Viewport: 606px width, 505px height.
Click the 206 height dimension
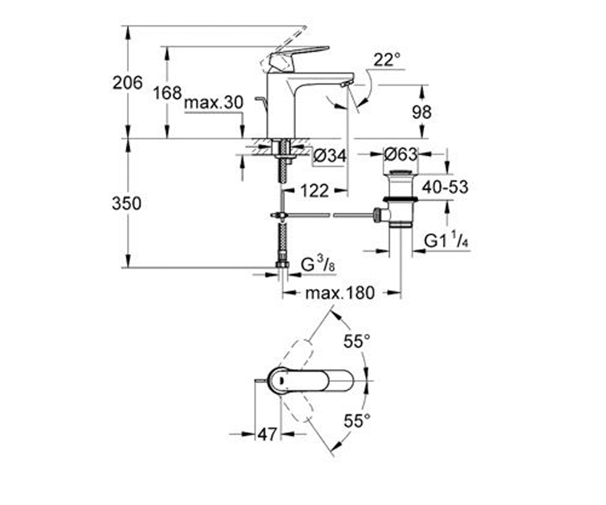127,83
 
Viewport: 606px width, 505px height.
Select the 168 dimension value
167,93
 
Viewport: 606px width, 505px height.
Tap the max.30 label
214,103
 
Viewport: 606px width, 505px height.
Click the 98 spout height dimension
422,112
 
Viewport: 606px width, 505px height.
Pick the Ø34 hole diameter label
330,156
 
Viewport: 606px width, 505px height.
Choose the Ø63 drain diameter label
401,155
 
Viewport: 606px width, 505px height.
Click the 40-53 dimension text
445,187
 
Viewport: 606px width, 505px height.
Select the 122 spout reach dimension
315,191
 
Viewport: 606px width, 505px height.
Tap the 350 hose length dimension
127,204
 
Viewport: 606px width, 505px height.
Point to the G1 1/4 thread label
446,240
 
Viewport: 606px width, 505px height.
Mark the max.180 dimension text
340,293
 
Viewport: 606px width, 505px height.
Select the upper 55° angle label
357,341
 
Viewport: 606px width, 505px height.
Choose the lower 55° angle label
357,421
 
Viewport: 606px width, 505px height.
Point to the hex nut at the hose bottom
282,265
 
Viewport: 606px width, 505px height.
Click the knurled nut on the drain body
377,215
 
